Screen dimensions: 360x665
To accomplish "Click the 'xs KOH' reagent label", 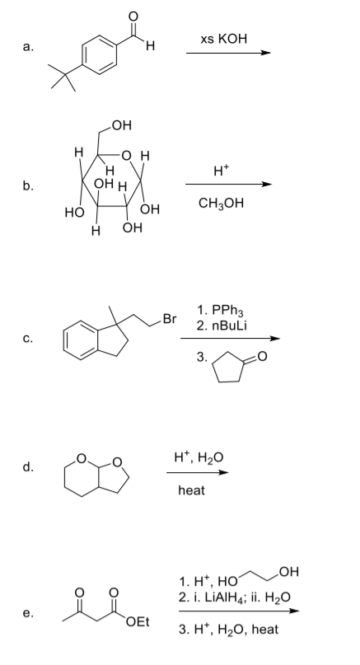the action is (x=223, y=39).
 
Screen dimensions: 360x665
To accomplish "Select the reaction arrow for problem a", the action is (x=228, y=53).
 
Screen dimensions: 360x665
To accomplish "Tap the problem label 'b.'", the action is (x=29, y=185).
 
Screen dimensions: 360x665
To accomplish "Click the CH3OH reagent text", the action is (x=221, y=204).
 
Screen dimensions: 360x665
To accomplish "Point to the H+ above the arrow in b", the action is (x=222, y=170).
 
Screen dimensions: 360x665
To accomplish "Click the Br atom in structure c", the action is (x=169, y=319).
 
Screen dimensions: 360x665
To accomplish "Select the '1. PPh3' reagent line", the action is (x=221, y=311).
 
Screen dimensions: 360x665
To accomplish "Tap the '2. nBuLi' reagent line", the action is (x=222, y=325).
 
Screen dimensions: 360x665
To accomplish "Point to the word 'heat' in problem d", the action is (x=191, y=490).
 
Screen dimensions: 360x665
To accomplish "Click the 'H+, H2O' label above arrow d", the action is (x=199, y=457).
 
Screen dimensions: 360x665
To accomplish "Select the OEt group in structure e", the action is (x=138, y=622).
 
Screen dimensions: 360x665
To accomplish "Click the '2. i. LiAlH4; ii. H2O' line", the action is (x=235, y=597).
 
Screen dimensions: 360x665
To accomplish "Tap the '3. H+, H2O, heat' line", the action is (x=228, y=630).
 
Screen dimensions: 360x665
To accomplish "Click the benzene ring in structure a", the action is (x=99, y=54).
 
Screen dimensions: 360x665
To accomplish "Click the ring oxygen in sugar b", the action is (x=126, y=156).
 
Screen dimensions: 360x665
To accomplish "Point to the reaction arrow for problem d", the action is (x=197, y=472).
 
